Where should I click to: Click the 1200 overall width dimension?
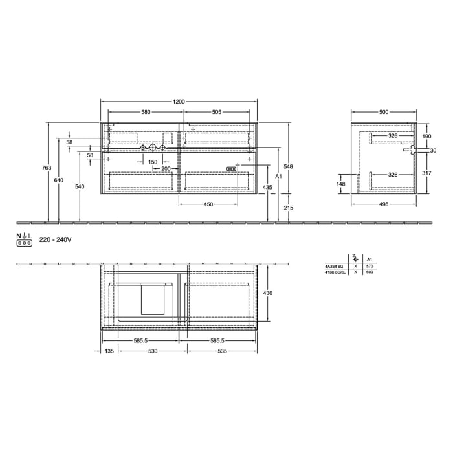point(179,101)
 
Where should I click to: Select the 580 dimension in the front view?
point(146,112)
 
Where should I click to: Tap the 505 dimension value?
point(216,112)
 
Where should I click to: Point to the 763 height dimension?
point(46,168)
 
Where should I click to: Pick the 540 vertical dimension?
point(79,186)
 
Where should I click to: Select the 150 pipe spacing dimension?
point(152,162)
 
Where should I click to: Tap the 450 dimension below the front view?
point(208,204)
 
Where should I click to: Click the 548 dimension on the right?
point(289,166)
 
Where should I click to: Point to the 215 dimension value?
point(289,207)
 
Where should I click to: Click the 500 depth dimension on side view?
point(384,112)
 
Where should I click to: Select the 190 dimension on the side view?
point(426,137)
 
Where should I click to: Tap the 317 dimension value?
point(426,173)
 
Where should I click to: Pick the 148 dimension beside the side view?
point(340,184)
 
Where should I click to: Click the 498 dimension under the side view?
point(384,204)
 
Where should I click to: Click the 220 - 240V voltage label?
point(54,239)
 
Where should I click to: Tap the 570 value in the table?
point(370,266)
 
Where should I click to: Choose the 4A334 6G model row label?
point(335,266)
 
